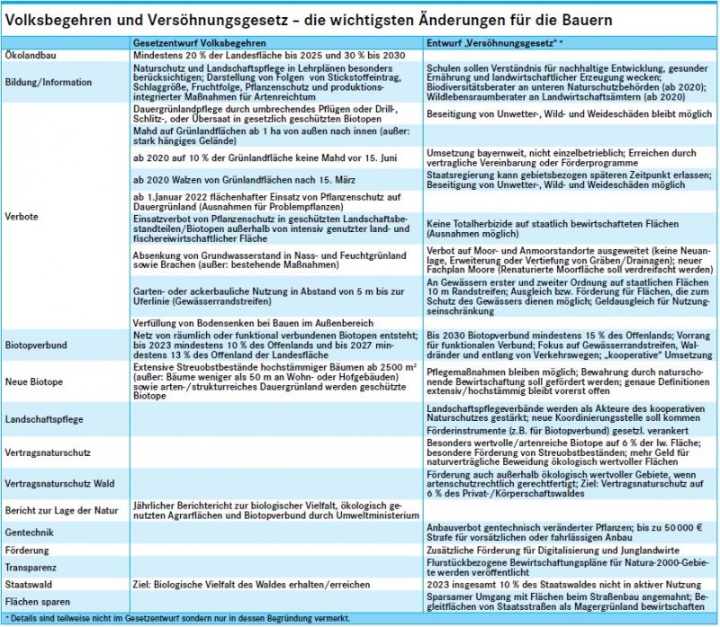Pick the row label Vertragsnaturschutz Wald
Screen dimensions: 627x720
58,485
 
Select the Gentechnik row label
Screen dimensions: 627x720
31,533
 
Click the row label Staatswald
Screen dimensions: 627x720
31,585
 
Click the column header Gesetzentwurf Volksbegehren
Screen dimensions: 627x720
198,42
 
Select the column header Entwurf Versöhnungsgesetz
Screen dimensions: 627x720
494,42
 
